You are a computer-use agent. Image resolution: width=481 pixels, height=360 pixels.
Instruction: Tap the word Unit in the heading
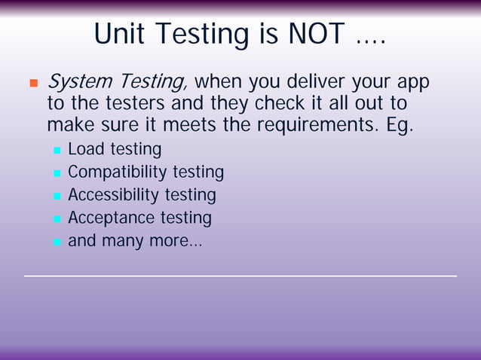tap(120, 34)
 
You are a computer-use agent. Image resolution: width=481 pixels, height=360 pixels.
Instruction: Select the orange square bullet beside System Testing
tap(32, 82)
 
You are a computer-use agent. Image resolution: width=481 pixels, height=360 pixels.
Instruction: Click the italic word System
tap(80, 81)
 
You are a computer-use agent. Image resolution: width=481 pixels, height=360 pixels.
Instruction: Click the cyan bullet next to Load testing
tap(57, 151)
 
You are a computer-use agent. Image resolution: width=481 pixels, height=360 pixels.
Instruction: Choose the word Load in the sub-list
tap(85, 150)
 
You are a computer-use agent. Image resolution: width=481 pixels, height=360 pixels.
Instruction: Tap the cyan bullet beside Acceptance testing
tap(57, 220)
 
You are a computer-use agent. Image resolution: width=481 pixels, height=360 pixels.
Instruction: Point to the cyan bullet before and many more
tap(57, 243)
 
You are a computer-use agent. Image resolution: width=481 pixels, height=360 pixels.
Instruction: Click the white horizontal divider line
tap(240, 276)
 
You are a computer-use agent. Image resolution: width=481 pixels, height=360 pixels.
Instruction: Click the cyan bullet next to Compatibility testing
tap(57, 174)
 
